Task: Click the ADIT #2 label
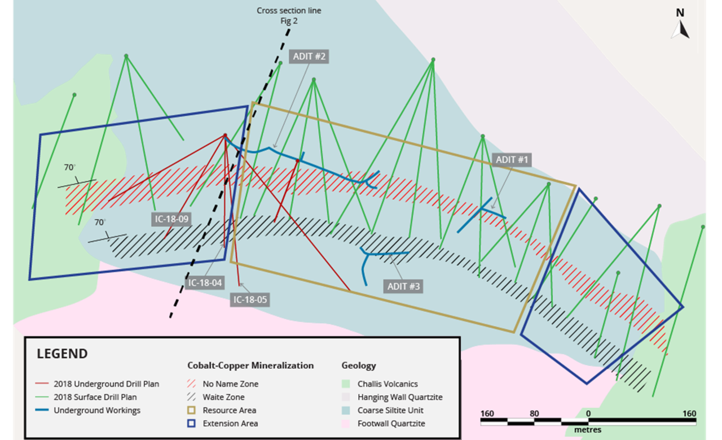(x=309, y=56)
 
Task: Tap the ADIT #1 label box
(x=512, y=160)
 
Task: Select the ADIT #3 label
(x=403, y=286)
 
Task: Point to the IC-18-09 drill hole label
(x=171, y=219)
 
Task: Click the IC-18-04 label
(x=205, y=283)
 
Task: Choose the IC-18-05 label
(x=250, y=299)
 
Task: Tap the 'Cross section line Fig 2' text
(x=289, y=15)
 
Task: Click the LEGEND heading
(x=62, y=354)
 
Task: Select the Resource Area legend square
(x=191, y=410)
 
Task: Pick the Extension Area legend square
(x=191, y=424)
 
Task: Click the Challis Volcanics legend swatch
(x=346, y=384)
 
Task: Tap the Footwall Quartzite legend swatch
(x=346, y=424)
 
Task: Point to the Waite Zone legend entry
(x=216, y=397)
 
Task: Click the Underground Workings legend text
(x=97, y=410)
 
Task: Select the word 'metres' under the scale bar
(x=588, y=430)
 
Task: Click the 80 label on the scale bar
(x=534, y=413)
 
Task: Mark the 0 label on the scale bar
(x=588, y=413)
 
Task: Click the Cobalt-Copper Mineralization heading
(x=250, y=365)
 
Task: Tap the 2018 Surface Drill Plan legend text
(x=95, y=397)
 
